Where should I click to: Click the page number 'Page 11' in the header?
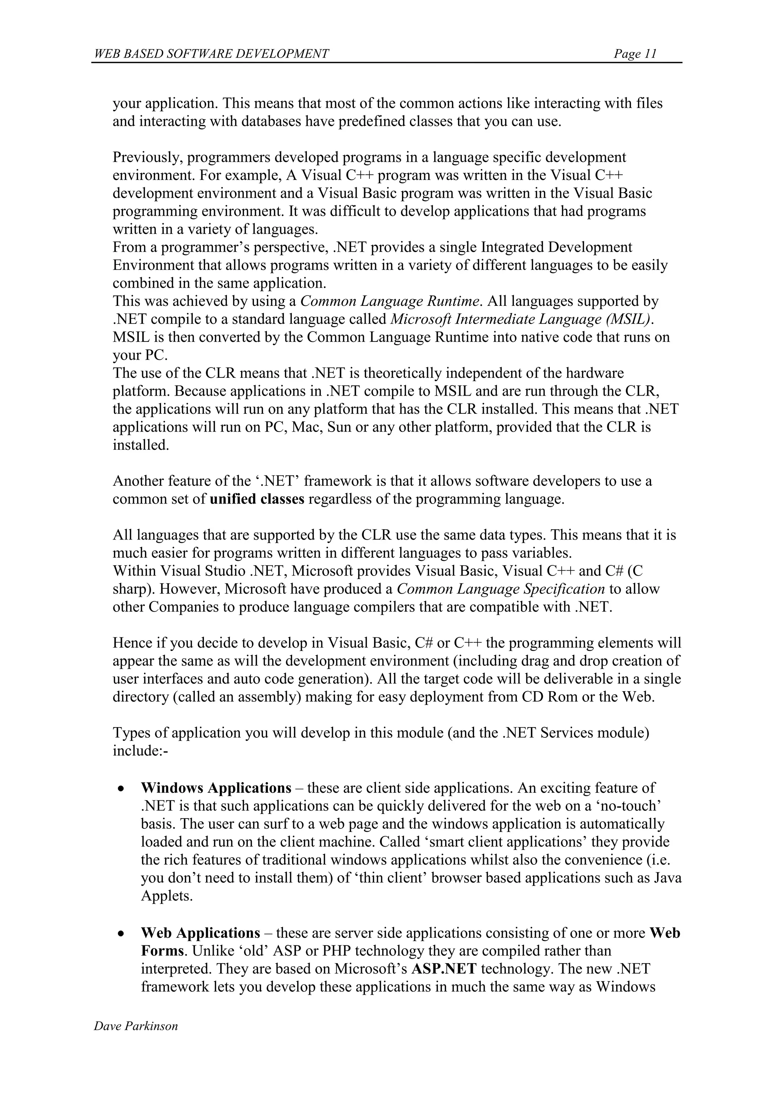click(635, 53)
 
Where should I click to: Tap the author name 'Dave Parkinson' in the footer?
click(136, 1025)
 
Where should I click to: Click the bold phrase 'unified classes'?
click(257, 499)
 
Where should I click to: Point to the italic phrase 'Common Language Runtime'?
click(390, 302)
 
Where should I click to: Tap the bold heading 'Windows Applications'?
click(216, 788)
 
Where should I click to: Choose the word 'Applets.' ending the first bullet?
click(167, 896)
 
